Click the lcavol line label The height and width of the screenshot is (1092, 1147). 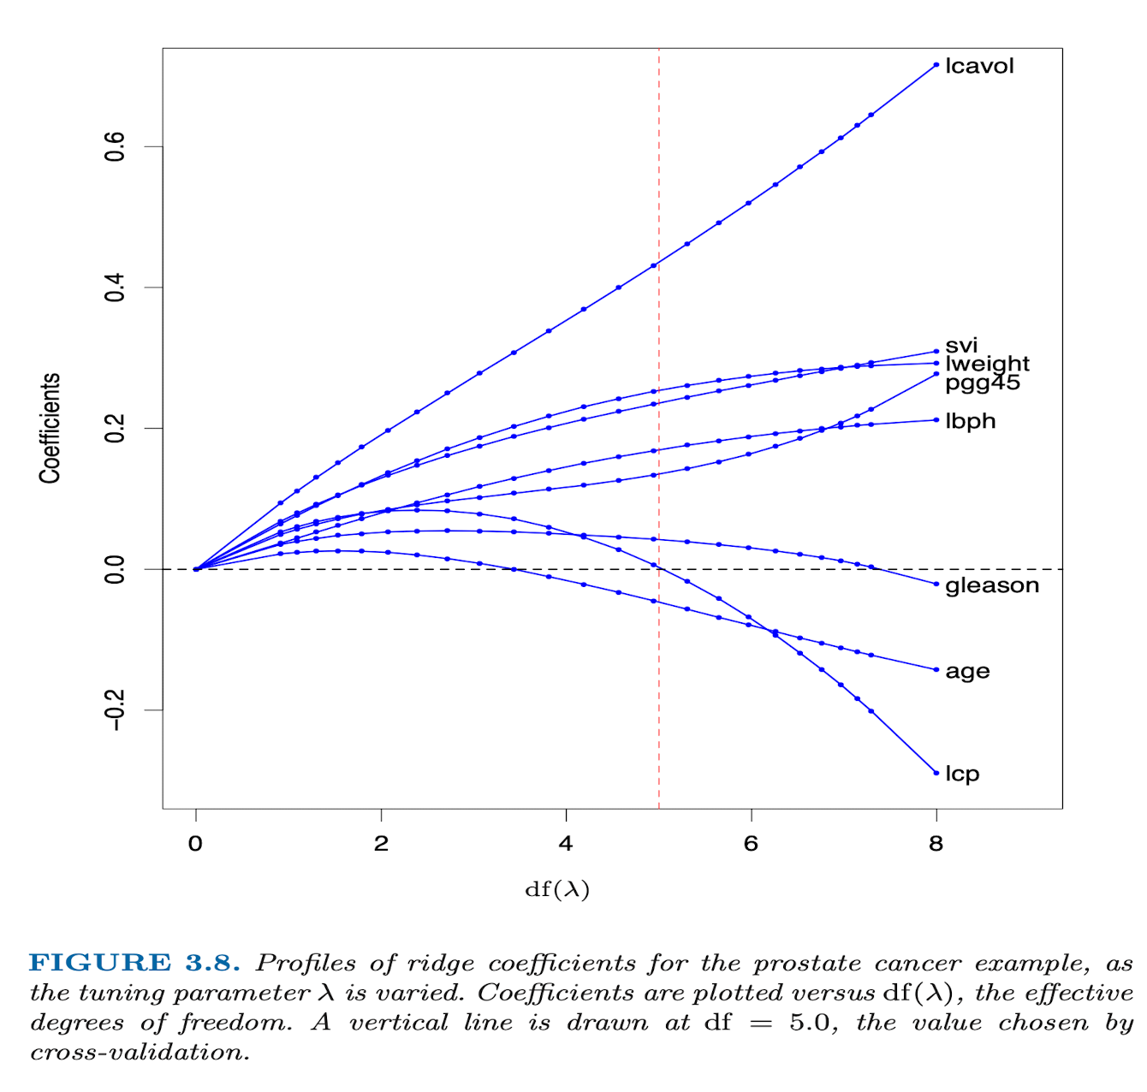tap(979, 66)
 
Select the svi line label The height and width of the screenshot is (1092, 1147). tap(961, 346)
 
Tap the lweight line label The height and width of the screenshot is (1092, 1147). tap(987, 364)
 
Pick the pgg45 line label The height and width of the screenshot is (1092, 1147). tap(983, 383)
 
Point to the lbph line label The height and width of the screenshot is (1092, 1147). tap(971, 421)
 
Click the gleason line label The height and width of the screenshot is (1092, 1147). tap(992, 585)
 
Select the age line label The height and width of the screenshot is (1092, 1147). tap(967, 672)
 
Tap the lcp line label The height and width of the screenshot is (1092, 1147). tap(962, 774)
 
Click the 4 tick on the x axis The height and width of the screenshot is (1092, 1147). tap(566, 844)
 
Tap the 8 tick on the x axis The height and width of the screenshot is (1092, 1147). tap(936, 844)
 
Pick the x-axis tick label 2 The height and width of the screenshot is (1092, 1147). tap(381, 844)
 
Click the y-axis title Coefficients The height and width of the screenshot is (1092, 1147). tap(50, 428)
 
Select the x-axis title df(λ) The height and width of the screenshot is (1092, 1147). tap(557, 890)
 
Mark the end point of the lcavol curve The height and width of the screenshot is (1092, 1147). tap(936, 64)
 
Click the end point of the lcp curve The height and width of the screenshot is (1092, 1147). tap(936, 773)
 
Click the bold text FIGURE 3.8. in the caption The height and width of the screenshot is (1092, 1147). tap(134, 963)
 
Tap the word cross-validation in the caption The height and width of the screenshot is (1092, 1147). tap(140, 1053)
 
